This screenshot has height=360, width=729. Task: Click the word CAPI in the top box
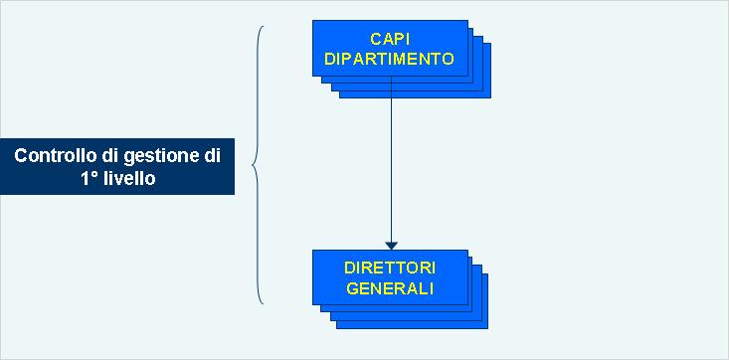coord(390,40)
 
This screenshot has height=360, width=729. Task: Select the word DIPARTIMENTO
coord(390,58)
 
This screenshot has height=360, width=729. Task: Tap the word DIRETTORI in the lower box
coord(390,270)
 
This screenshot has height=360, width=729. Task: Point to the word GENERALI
coord(390,288)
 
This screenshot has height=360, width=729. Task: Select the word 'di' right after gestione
coord(212,156)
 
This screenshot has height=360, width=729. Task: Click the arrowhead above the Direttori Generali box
coord(392,244)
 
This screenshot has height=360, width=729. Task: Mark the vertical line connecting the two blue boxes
coord(392,159)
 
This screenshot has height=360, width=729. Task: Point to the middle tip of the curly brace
coord(255,164)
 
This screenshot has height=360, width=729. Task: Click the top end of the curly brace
coord(266,26)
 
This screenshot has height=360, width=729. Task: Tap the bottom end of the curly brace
coord(265,302)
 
